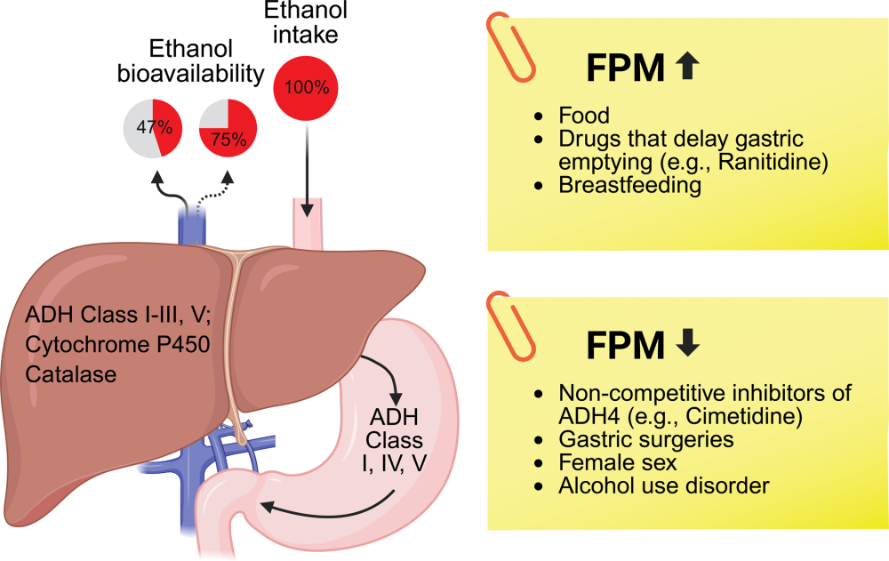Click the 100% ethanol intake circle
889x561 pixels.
307,87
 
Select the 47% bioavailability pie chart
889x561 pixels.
153,127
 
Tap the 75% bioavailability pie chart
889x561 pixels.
228,127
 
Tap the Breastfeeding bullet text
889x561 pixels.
629,185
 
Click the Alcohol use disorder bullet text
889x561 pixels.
663,486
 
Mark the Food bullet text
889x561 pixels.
584,116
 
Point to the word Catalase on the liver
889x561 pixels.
72,374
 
